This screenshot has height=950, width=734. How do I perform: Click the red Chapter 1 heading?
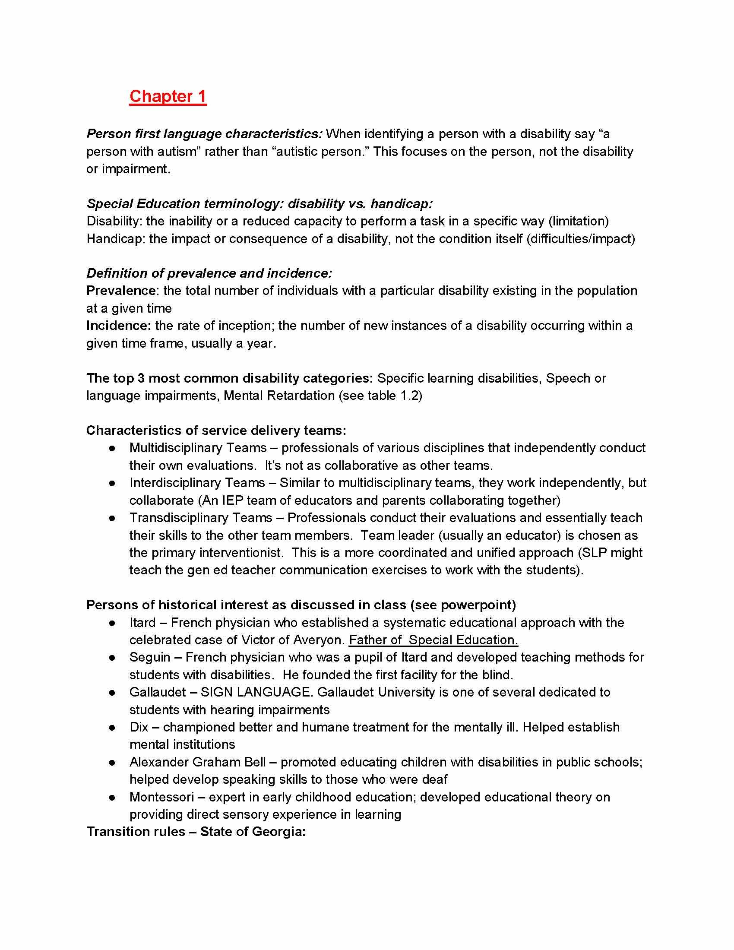[168, 96]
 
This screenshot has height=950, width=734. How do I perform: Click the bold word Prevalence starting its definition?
[121, 291]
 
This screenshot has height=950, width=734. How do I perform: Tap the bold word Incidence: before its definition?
[119, 325]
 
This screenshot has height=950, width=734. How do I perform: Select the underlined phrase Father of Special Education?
[433, 640]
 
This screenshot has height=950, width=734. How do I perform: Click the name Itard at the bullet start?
[142, 622]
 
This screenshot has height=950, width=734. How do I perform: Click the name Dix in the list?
[139, 727]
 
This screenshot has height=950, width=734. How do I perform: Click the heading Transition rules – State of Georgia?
[196, 832]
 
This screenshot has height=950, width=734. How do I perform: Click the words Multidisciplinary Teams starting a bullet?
[198, 448]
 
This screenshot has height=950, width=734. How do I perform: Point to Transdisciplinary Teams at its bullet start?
[200, 518]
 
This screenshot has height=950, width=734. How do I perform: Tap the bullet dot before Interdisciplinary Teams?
[112, 483]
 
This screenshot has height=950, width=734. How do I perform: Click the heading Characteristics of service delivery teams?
[216, 430]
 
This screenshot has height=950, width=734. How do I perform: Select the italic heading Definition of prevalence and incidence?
[209, 273]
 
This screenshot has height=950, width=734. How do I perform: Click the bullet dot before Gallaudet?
[112, 692]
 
